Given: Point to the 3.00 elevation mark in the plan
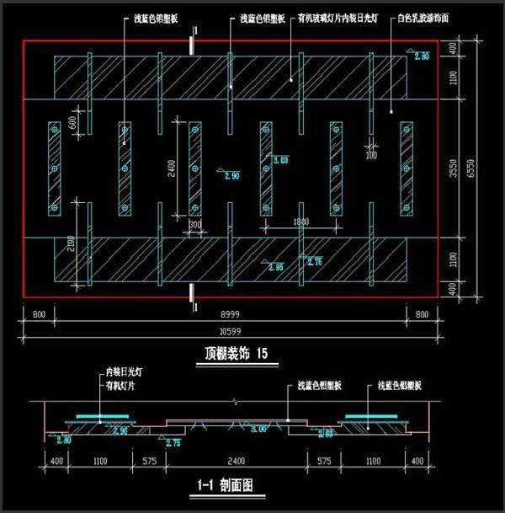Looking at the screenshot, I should pos(280,159).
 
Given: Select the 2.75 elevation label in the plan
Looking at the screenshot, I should pos(314,262).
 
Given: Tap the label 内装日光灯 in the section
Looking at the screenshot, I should pos(125,370).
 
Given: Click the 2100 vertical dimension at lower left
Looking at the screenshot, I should pos(70,246).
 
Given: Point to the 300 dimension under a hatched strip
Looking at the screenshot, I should pos(195,225).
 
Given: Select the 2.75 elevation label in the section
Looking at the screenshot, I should pos(174,442).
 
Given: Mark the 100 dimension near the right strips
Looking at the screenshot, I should pos(371,155).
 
